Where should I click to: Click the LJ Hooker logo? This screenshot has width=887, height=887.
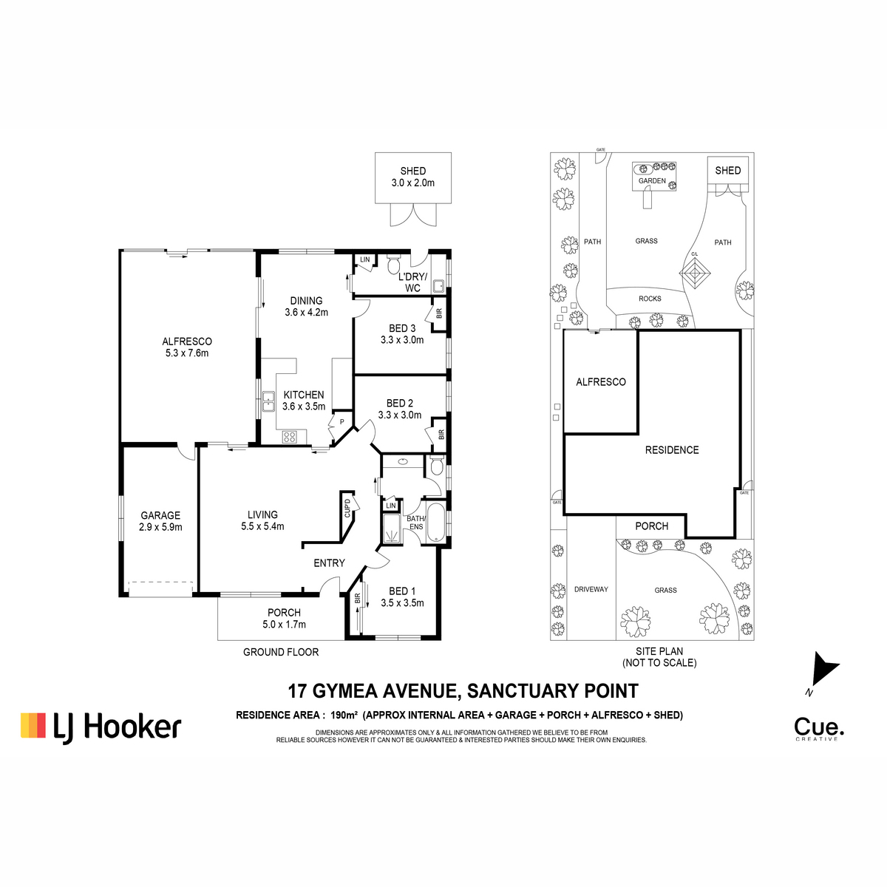(101, 727)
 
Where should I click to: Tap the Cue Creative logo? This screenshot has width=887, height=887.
(819, 729)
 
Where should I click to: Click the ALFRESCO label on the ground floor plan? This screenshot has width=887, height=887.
(187, 341)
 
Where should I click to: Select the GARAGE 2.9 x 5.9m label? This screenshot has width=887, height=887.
(160, 521)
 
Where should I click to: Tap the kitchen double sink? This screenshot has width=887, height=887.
(268, 401)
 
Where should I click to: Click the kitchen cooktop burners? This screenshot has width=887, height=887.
(290, 436)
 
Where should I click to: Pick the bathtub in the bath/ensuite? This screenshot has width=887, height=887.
(434, 523)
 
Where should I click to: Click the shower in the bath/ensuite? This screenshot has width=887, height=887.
(392, 529)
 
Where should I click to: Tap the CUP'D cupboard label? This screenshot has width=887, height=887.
(347, 508)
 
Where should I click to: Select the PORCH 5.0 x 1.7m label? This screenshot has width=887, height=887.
(284, 618)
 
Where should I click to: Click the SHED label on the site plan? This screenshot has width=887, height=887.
(728, 170)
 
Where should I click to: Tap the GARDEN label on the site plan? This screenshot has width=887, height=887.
(652, 181)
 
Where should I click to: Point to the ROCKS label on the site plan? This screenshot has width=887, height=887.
(650, 299)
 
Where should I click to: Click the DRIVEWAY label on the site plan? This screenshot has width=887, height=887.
(591, 589)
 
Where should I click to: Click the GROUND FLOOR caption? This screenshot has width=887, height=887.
(281, 652)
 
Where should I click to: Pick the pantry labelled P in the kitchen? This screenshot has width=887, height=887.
(341, 421)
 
